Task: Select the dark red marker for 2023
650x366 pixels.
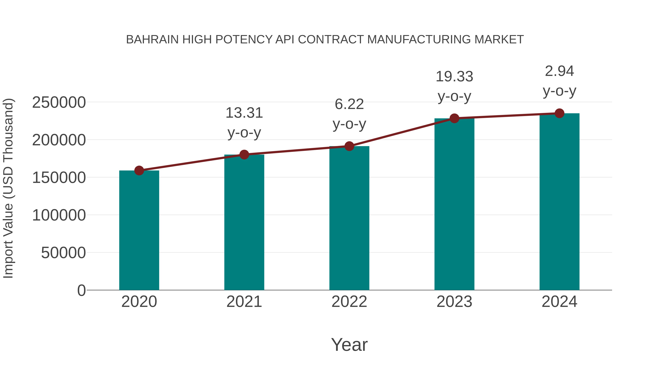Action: point(454,118)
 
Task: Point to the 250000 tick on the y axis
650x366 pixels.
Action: point(59,102)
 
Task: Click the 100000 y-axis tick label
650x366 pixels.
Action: point(59,215)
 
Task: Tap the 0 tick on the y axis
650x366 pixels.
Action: point(81,290)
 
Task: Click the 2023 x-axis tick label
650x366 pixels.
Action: point(454,302)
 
